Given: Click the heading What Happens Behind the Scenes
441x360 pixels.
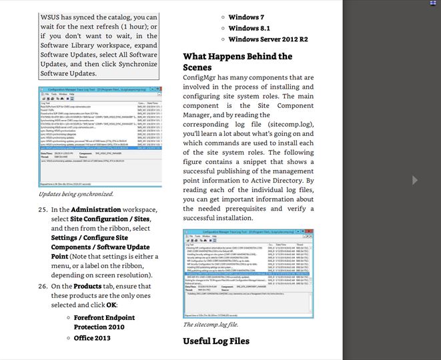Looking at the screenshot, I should pos(237,61).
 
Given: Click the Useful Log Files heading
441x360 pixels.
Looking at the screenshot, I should pos(216,341).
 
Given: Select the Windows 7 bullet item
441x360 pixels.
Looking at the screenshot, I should pos(246,17).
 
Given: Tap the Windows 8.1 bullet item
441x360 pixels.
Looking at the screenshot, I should pos(249,28).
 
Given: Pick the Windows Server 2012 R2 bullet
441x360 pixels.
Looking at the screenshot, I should pos(268,39).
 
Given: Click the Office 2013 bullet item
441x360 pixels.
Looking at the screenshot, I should pos(92,338).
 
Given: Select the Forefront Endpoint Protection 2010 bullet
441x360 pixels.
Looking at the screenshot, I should pos(103,322).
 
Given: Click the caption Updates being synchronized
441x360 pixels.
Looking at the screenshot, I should pos(76,194).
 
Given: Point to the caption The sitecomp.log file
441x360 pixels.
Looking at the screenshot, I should pos(210,325).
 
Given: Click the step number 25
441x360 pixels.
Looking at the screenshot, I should pos(43,210).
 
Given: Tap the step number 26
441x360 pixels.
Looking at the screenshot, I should pos(43,286).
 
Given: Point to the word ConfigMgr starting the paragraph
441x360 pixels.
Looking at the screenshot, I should pos(201,78).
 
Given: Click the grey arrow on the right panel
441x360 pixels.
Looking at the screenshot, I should pos(415,180).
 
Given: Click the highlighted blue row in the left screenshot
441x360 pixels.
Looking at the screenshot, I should pos(99,150).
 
